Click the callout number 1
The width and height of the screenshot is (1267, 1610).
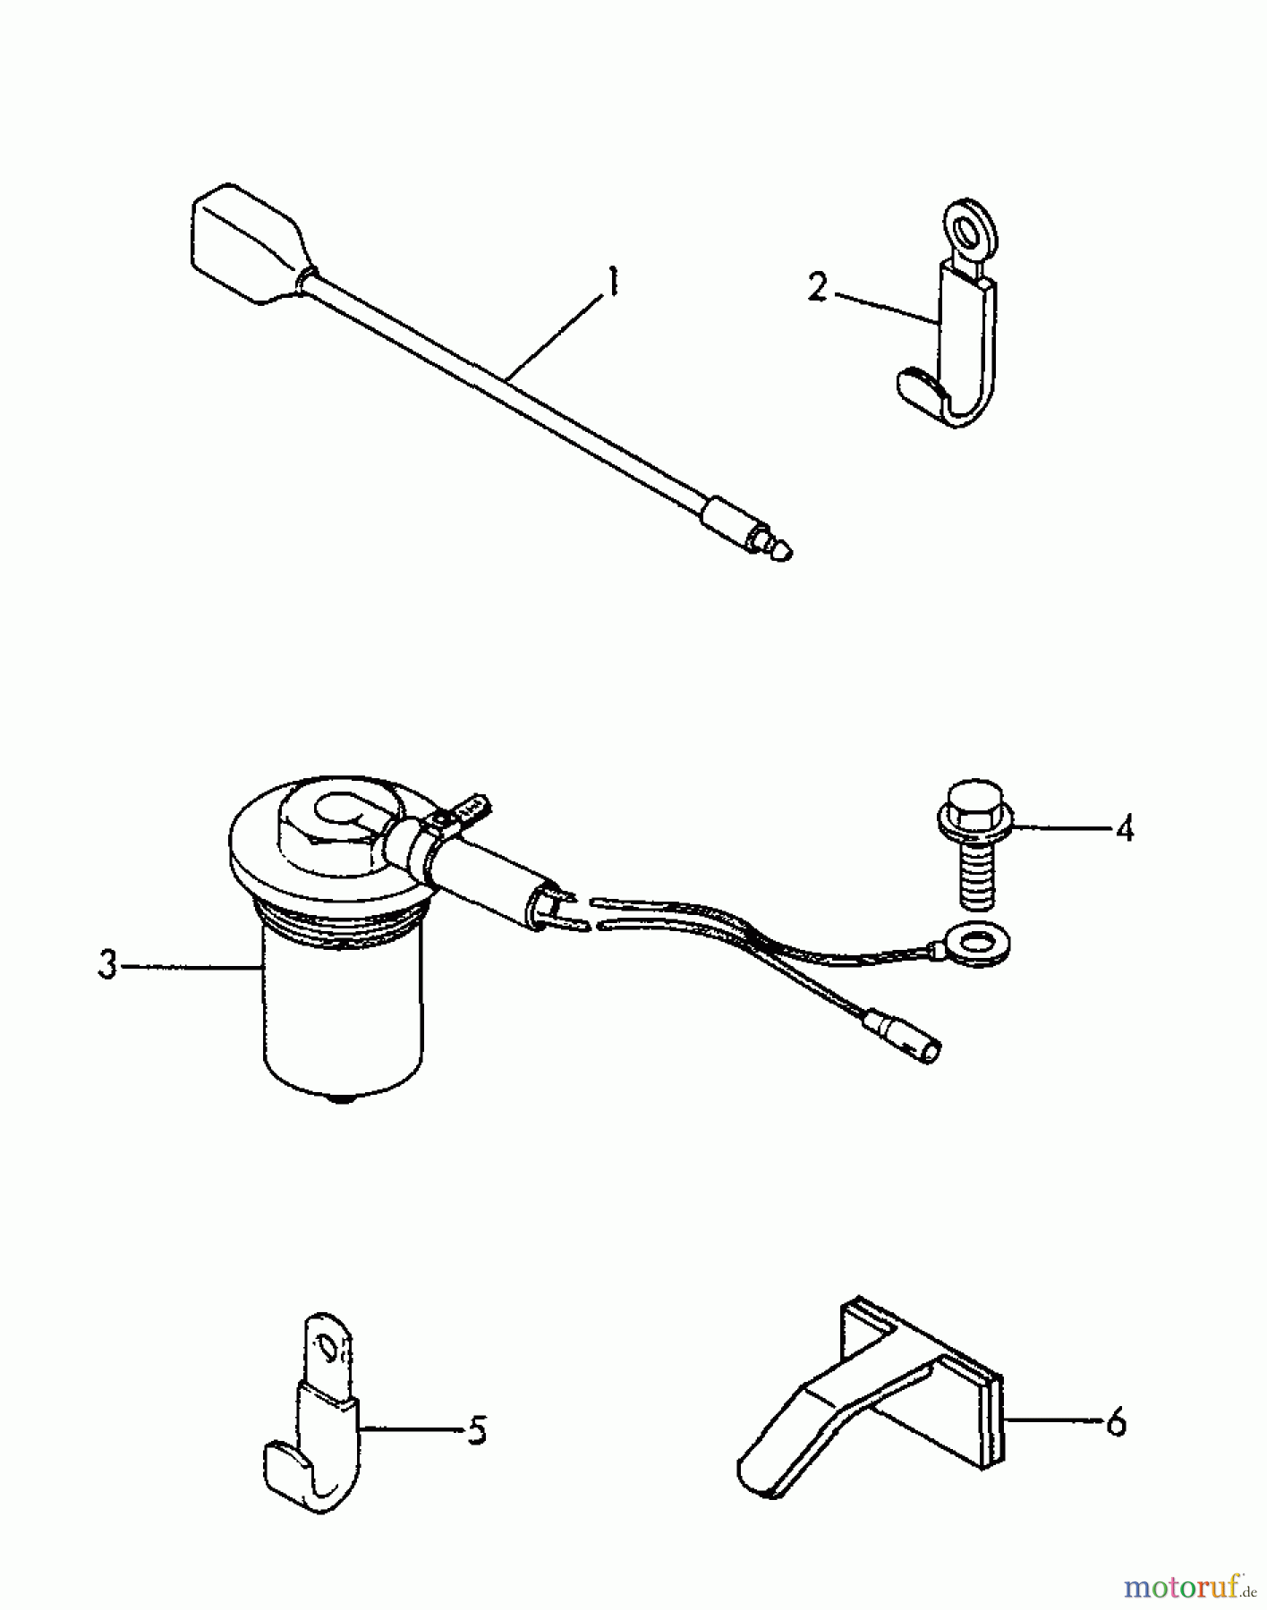[611, 284]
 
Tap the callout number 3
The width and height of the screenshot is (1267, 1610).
[107, 966]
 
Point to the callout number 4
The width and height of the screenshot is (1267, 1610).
[1124, 827]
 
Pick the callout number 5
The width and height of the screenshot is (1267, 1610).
[477, 1430]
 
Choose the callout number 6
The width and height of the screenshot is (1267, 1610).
[1116, 1421]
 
